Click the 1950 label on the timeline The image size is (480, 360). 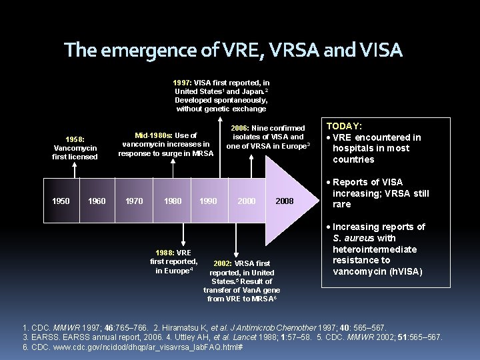pyautogui.click(x=61, y=201)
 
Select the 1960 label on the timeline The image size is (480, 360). pyautogui.click(x=97, y=201)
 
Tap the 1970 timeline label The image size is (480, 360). pyautogui.click(x=134, y=201)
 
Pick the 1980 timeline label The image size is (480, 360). pyautogui.click(x=173, y=201)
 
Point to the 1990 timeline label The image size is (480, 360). pyautogui.click(x=208, y=201)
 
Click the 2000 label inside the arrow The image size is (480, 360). pyautogui.click(x=246, y=201)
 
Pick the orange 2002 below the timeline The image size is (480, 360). pyautogui.click(x=225, y=263)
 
